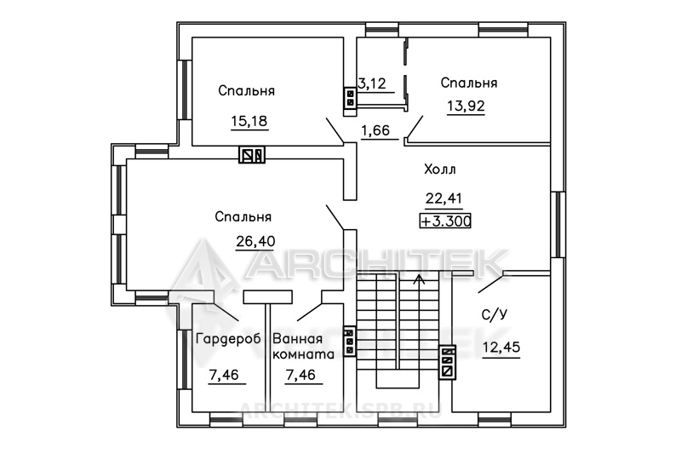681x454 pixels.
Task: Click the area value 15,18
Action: pyautogui.click(x=249, y=121)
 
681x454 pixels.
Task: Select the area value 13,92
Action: pyautogui.click(x=466, y=106)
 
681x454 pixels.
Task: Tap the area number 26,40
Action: pyautogui.click(x=255, y=241)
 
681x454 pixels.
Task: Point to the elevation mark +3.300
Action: pyautogui.click(x=445, y=221)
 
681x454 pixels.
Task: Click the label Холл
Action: pyautogui.click(x=440, y=170)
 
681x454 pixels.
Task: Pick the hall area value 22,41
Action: pyautogui.click(x=444, y=198)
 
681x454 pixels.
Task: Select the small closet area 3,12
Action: pyautogui.click(x=372, y=83)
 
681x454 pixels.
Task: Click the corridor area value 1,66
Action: pyautogui.click(x=375, y=130)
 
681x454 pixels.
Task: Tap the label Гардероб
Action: pyautogui.click(x=228, y=339)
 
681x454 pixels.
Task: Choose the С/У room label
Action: pyautogui.click(x=495, y=315)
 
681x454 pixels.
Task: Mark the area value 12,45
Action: pyautogui.click(x=501, y=348)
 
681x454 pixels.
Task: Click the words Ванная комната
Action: pyautogui.click(x=303, y=347)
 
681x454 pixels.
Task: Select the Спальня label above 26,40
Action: pyautogui.click(x=243, y=217)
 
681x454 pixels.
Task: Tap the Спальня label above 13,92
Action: pyautogui.click(x=469, y=83)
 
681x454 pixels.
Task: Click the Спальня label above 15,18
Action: pyautogui.click(x=246, y=91)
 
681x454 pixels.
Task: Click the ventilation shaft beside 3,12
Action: pyautogui.click(x=350, y=97)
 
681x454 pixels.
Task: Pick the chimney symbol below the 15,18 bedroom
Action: pyautogui.click(x=252, y=155)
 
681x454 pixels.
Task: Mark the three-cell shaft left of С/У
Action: pyautogui.click(x=448, y=361)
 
